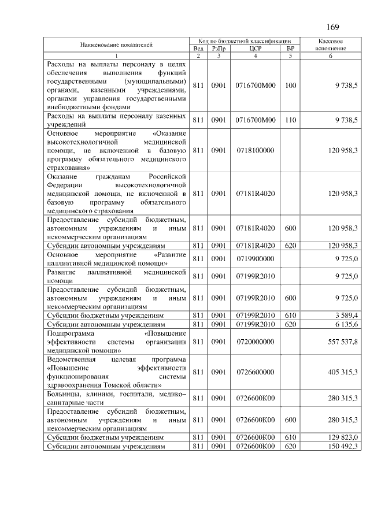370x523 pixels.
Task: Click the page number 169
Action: tap(332, 27)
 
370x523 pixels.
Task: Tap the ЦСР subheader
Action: tap(256, 49)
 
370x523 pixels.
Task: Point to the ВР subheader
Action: tap(290, 49)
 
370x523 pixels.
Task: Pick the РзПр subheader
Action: tap(218, 49)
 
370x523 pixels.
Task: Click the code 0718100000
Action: tap(255, 150)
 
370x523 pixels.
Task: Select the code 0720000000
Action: tap(255, 342)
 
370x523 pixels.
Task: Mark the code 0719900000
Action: tap(255, 258)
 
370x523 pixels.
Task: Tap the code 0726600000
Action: tap(255, 372)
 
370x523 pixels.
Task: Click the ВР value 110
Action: tap(290, 120)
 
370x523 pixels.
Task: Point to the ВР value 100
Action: tap(290, 85)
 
